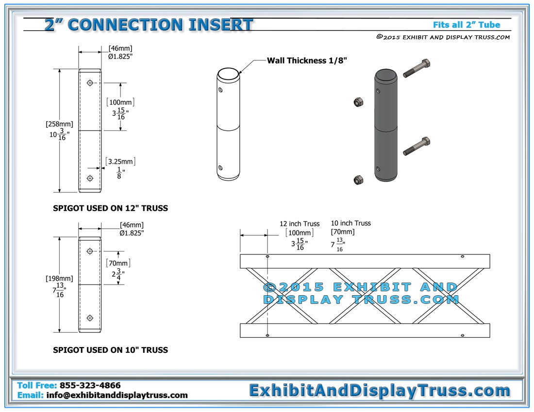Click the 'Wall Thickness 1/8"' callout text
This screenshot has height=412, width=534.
[306, 61]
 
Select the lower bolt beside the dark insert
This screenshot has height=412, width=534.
[417, 146]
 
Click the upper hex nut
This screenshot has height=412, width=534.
[358, 102]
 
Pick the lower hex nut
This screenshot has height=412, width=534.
[358, 180]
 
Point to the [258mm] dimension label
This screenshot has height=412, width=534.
[59, 124]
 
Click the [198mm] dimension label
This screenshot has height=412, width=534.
[59, 279]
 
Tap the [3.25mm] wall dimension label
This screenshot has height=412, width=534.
[120, 161]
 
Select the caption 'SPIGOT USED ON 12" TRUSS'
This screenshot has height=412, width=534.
[110, 208]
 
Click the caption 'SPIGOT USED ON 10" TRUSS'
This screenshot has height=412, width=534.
[110, 350]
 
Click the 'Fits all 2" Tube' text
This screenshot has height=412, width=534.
[466, 25]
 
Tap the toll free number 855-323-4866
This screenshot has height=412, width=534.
[90, 385]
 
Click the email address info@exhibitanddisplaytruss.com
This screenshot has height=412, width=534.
[117, 395]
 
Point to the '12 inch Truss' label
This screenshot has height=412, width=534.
[300, 223]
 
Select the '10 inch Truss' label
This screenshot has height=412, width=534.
[351, 223]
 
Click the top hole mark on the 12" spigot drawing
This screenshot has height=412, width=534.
[90, 83]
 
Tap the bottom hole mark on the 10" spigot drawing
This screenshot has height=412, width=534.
[90, 318]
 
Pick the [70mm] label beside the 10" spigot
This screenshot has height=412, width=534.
[118, 263]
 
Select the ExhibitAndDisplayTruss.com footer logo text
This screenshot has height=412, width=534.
[380, 391]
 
